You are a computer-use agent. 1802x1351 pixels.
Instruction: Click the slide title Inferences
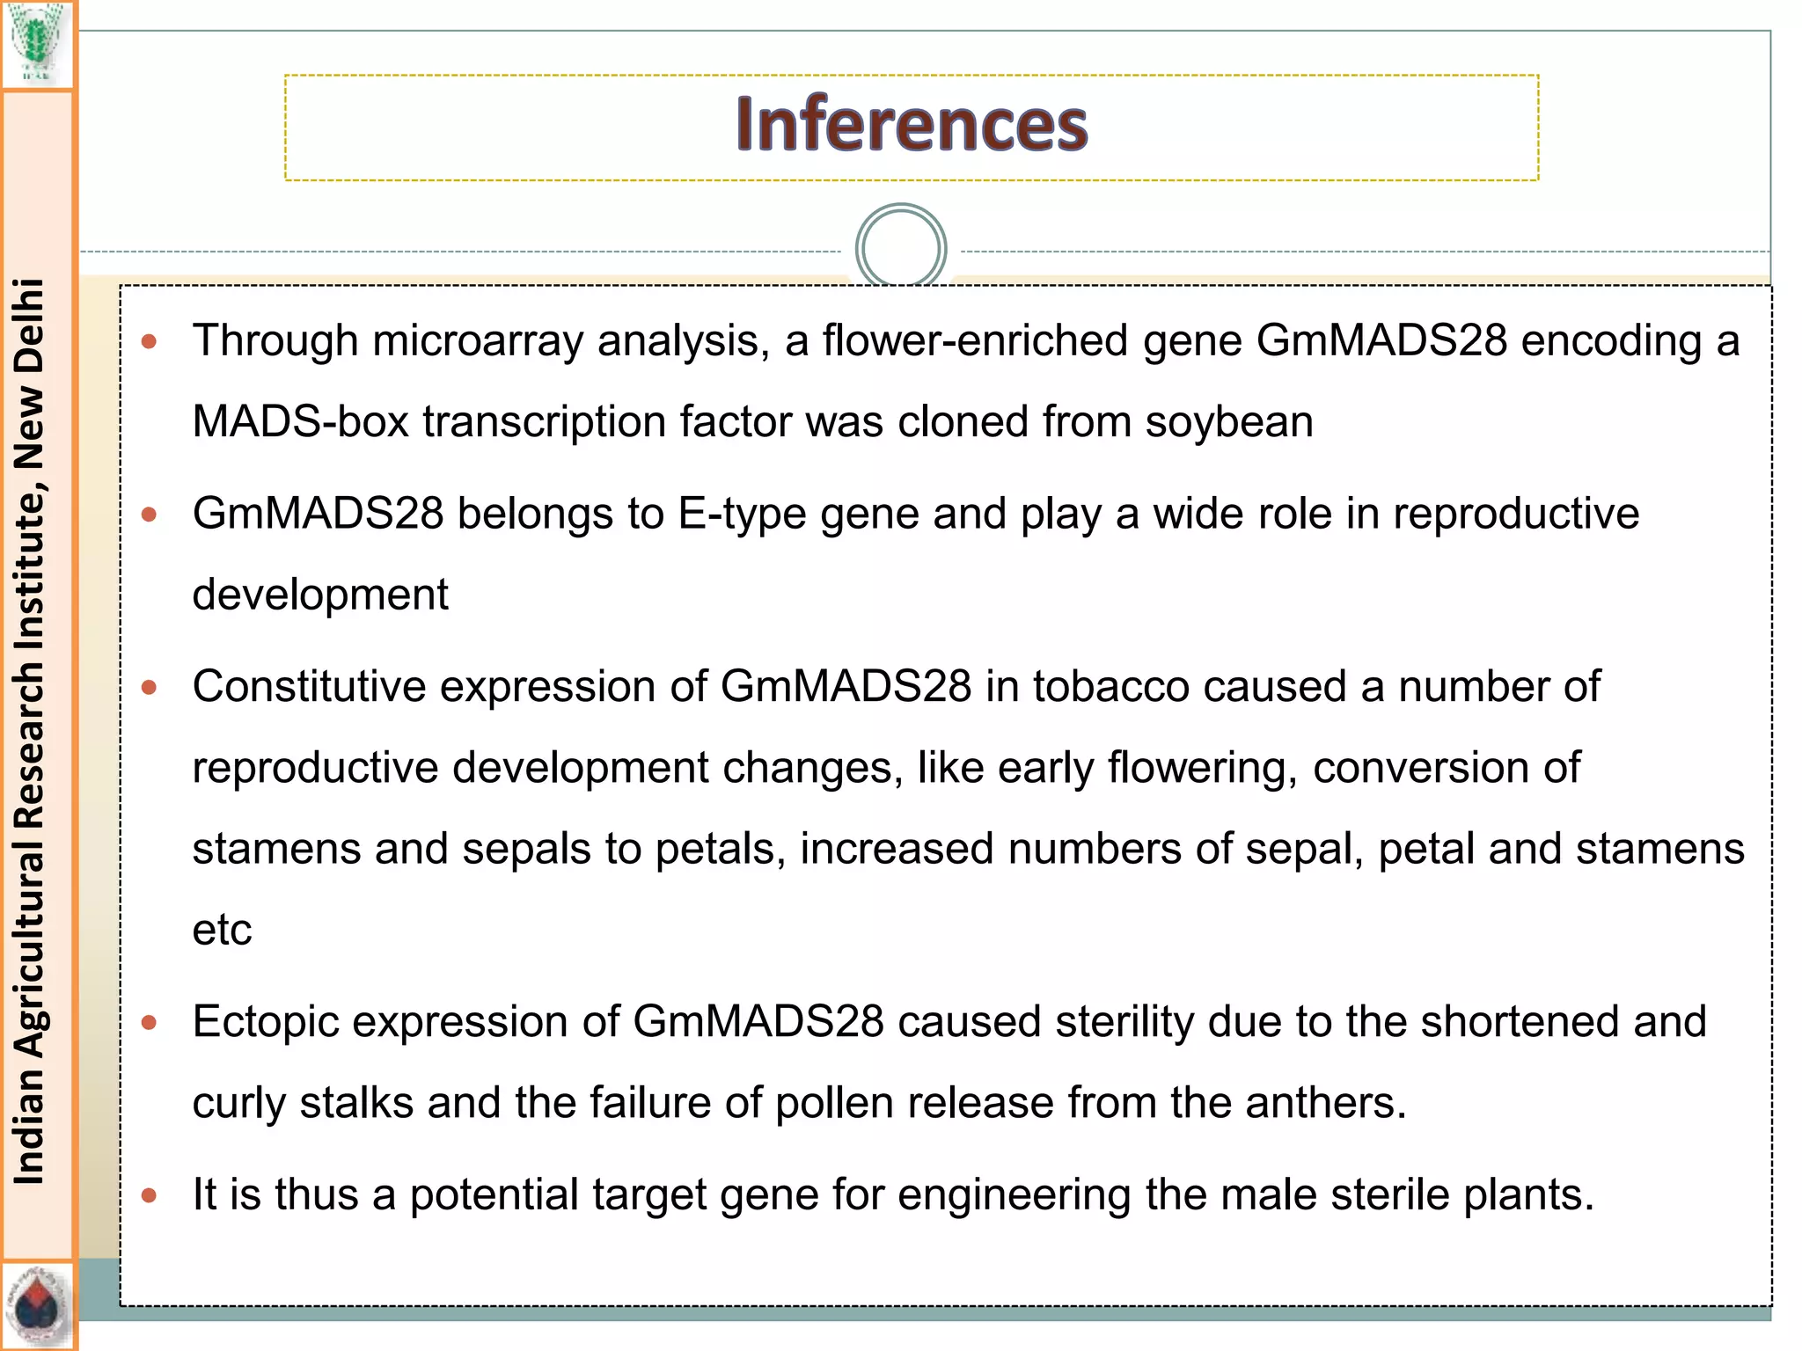(x=912, y=124)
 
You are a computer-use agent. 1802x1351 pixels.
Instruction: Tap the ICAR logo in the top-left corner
(x=36, y=44)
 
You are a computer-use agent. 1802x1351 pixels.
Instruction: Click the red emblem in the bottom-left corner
(x=37, y=1306)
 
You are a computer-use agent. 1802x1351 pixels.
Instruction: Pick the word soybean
(x=1229, y=422)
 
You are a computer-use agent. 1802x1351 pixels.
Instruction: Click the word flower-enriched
(x=976, y=340)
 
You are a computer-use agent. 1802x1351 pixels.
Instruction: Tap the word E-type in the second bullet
(x=742, y=515)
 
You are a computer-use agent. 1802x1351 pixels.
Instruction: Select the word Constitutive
(x=309, y=686)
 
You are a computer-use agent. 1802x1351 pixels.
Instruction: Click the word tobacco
(x=1111, y=686)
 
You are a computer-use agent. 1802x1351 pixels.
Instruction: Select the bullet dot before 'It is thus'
(x=149, y=1195)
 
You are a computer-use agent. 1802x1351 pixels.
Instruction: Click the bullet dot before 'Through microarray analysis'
(x=149, y=341)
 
